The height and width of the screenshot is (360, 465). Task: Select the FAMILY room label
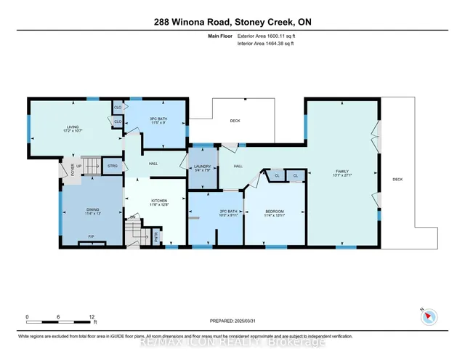click(x=341, y=169)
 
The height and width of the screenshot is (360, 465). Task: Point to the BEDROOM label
click(x=274, y=210)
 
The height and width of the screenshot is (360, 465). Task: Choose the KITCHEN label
click(x=159, y=200)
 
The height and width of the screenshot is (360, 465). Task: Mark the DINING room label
click(x=88, y=210)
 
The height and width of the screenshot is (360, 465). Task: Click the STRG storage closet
click(x=112, y=167)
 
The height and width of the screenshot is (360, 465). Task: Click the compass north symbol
click(x=428, y=315)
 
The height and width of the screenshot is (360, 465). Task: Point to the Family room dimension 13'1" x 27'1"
click(x=341, y=175)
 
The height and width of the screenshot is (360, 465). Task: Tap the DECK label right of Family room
click(x=397, y=179)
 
